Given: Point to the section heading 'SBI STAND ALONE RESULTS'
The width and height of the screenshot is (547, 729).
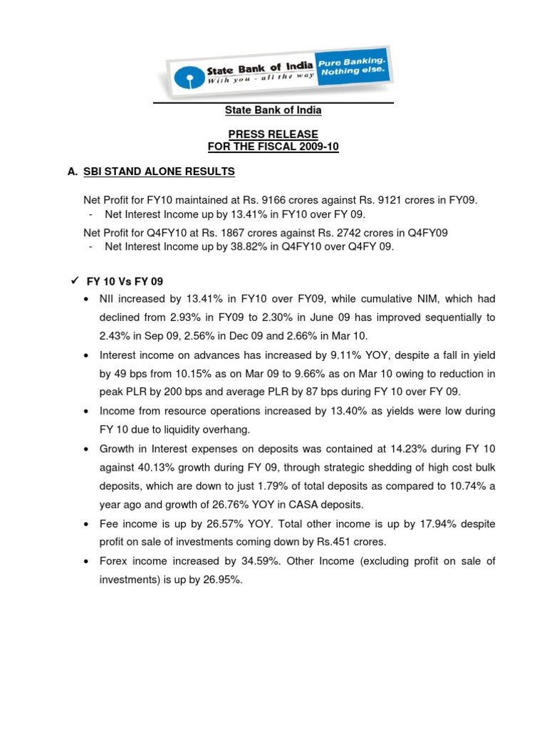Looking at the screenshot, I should click(x=159, y=172).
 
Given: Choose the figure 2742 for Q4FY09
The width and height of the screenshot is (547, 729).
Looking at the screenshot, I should click(x=375, y=233).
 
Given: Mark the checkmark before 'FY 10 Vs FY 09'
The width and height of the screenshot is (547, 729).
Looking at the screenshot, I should click(x=74, y=280).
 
